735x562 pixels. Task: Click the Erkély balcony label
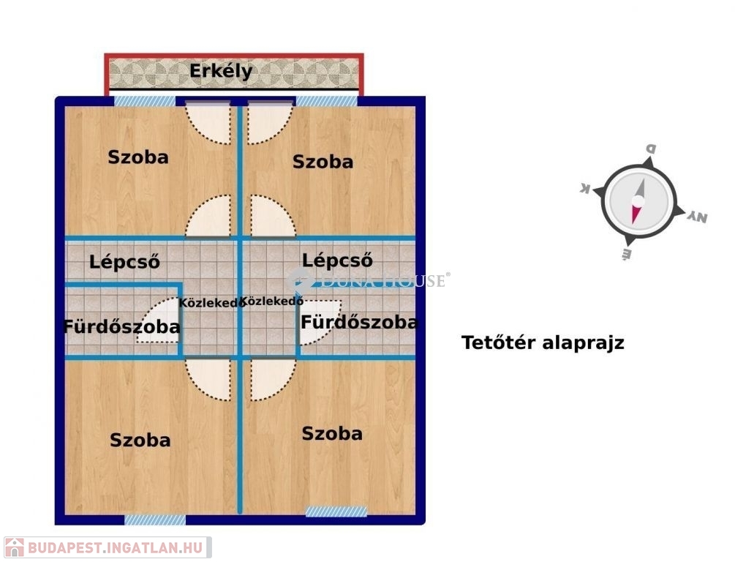click(221, 72)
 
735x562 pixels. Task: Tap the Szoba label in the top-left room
click(138, 157)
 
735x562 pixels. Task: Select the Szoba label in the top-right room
click(323, 162)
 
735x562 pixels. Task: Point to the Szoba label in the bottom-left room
click(140, 440)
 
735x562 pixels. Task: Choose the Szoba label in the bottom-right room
click(332, 433)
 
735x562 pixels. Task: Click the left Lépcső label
click(124, 261)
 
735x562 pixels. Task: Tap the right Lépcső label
click(337, 260)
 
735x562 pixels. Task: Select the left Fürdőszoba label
click(121, 326)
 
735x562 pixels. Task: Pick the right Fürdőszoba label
click(359, 322)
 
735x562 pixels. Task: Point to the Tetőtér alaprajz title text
click(543, 342)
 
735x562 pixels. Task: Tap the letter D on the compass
click(649, 149)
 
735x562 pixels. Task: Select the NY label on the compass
click(697, 217)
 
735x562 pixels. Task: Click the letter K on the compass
click(585, 188)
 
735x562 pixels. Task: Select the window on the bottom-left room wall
click(155, 520)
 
